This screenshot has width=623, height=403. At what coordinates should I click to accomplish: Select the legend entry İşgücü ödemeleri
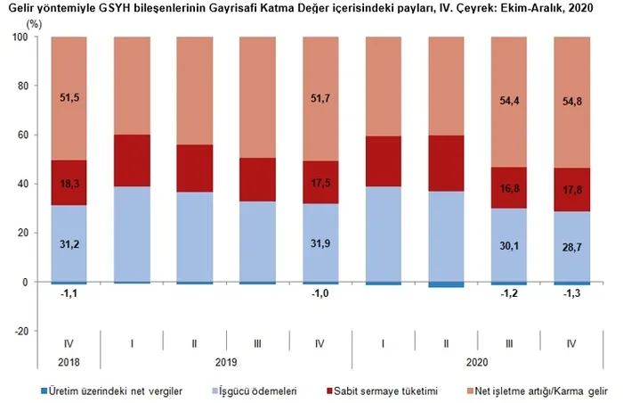pos(264,391)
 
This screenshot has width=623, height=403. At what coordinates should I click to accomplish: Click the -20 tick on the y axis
pos(21,331)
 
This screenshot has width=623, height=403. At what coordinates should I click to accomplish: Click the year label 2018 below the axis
pos(69,363)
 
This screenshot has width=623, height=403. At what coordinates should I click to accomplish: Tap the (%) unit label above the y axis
pos(34,23)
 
